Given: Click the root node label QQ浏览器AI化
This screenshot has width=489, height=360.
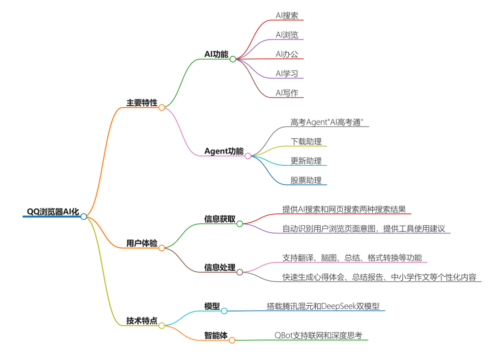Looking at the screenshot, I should pyautogui.click(x=53, y=211).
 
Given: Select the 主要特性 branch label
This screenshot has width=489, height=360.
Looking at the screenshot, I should pyautogui.click(x=142, y=103).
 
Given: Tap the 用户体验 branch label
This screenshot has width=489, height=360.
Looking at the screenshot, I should pyautogui.click(x=142, y=243).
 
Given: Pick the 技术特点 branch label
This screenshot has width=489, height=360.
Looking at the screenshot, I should pyautogui.click(x=142, y=321).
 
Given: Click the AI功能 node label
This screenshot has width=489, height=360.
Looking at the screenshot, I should pyautogui.click(x=216, y=54).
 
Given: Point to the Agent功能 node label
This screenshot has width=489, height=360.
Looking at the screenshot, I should pyautogui.click(x=224, y=151).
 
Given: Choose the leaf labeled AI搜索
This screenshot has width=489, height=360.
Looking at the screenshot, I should pyautogui.click(x=287, y=15).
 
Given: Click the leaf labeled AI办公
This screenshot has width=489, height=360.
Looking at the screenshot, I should pyautogui.click(x=287, y=54).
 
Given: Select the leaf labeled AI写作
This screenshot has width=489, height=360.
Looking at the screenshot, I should pyautogui.click(x=287, y=93).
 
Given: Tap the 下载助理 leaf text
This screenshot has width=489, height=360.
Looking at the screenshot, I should pyautogui.click(x=306, y=141).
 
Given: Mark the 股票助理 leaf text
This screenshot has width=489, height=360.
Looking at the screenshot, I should pyautogui.click(x=306, y=180).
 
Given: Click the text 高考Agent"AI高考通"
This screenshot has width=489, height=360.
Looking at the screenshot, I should pyautogui.click(x=327, y=122).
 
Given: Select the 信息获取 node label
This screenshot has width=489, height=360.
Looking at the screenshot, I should pyautogui.click(x=220, y=219).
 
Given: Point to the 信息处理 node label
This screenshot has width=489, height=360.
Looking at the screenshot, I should pyautogui.click(x=220, y=267).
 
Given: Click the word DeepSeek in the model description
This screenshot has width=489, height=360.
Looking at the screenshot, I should pyautogui.click(x=339, y=306).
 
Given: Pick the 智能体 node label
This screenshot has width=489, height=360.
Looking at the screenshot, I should pyautogui.click(x=216, y=336).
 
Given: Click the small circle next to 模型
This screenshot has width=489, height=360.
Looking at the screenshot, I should pyautogui.click(x=224, y=311).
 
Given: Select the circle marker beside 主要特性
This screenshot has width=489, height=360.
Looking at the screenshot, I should pyautogui.click(x=162, y=107).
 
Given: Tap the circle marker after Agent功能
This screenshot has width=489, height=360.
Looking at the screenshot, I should pyautogui.click(x=248, y=156).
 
